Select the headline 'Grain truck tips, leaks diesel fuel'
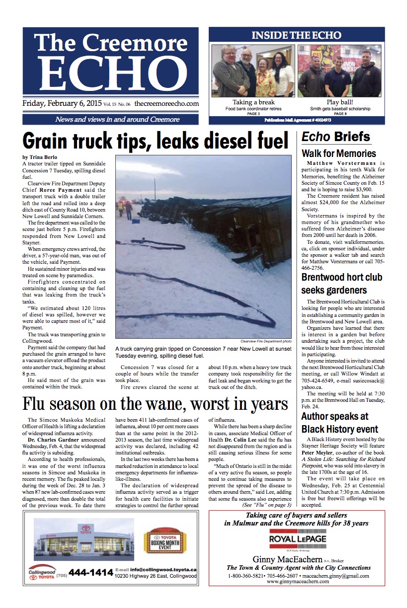click(x=156, y=141)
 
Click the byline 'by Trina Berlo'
click(x=40, y=157)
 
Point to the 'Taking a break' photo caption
click(x=253, y=103)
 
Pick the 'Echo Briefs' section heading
click(x=335, y=137)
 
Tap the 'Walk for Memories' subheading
click(x=338, y=153)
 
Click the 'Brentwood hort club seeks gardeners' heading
click(x=342, y=284)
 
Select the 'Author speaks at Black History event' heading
click(x=340, y=423)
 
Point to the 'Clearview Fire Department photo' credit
click(x=266, y=342)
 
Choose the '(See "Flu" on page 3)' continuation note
click(x=266, y=505)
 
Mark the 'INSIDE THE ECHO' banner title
click(x=296, y=35)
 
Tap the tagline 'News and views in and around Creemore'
click(x=110, y=119)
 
